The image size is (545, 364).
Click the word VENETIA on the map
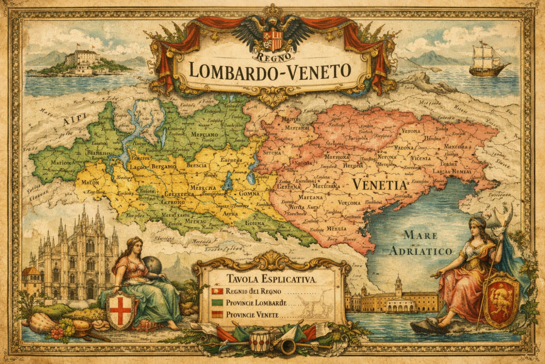point(379,184)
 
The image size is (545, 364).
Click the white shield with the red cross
point(120,310)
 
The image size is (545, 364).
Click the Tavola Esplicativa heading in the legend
point(271,279)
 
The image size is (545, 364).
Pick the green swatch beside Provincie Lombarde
point(217,303)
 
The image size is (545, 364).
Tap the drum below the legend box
point(260,341)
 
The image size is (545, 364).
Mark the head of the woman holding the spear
point(478,224)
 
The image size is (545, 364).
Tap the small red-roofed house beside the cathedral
point(31,280)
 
